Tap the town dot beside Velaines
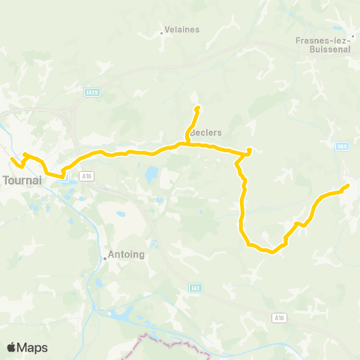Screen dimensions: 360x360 pos(163,32)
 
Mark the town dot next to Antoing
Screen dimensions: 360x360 pos(105,258)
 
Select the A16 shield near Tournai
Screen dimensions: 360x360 pos(87,175)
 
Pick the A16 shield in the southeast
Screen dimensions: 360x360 pos(279,318)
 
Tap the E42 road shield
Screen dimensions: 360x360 pos(195,288)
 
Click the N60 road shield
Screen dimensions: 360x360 pos(341,146)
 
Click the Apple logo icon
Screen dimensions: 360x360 pos(12,347)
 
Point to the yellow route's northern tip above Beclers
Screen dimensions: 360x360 pos(197,108)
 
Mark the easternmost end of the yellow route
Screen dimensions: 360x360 pos(347,185)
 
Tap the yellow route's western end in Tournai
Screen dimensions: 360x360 pos(12,160)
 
